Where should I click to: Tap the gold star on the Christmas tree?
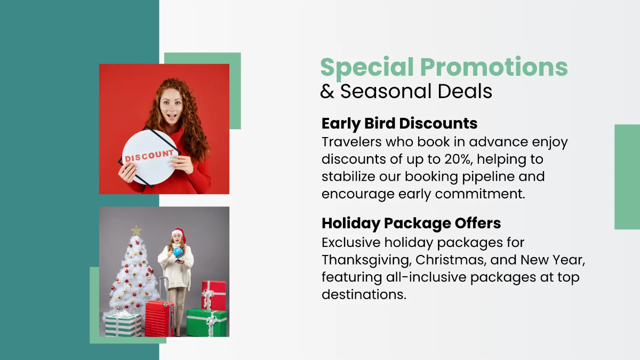[137, 230]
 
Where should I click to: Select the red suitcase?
[159, 318]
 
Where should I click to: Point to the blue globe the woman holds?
[178, 252]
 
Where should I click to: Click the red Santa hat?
[178, 233]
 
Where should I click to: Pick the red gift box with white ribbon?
[213, 294]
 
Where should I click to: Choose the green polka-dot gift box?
[206, 323]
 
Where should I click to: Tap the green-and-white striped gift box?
[123, 325]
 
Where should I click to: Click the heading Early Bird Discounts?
[399, 124]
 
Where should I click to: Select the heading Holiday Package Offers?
[411, 223]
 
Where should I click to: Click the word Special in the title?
[367, 67]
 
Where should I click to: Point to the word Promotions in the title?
[494, 67]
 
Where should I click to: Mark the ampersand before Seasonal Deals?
[327, 91]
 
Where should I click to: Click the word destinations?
[363, 294]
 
